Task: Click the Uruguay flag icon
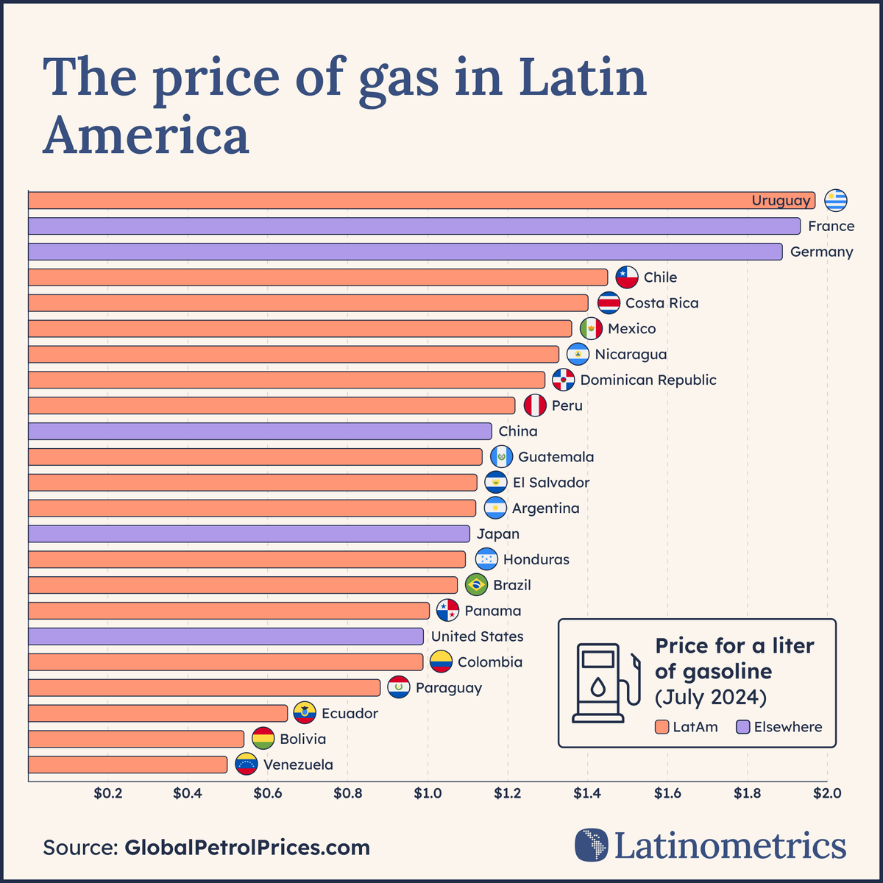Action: pos(835,200)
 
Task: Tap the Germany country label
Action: pos(821,252)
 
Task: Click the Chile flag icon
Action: pos(627,277)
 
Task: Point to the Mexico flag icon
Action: pos(591,329)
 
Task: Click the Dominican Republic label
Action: pos(648,380)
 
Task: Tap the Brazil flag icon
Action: pos(476,585)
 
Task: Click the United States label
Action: pos(477,636)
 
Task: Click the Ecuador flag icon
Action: pos(305,713)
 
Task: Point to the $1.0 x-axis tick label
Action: pos(428,793)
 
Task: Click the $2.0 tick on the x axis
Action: pos(827,793)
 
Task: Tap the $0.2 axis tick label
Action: pos(107,793)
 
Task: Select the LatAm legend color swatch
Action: pos(662,727)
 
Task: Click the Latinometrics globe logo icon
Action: pos(591,845)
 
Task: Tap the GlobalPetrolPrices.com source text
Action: pos(247,847)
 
